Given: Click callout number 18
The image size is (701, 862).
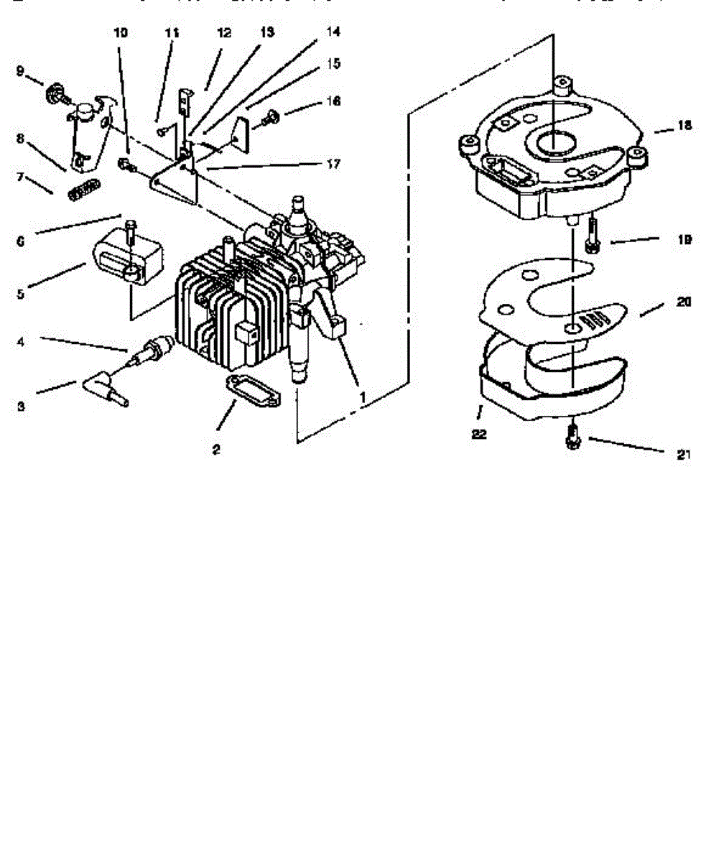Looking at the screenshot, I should click(x=684, y=126).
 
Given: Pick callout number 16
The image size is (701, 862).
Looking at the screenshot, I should click(x=333, y=101).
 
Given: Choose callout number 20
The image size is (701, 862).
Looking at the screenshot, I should click(x=684, y=302).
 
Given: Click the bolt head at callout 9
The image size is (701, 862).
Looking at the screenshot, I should click(x=54, y=94).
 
